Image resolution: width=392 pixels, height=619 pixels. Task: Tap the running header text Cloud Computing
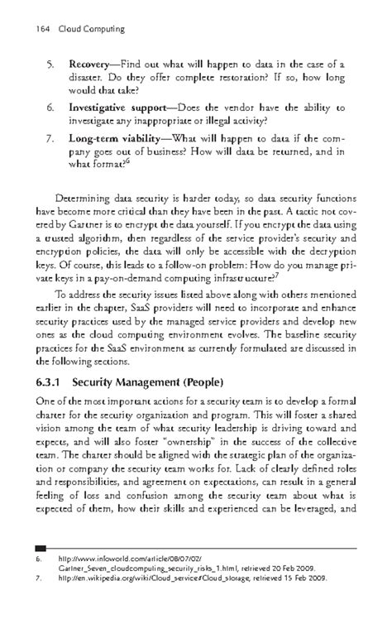[x=90, y=29]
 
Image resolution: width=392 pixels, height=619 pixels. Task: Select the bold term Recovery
[x=93, y=63]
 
